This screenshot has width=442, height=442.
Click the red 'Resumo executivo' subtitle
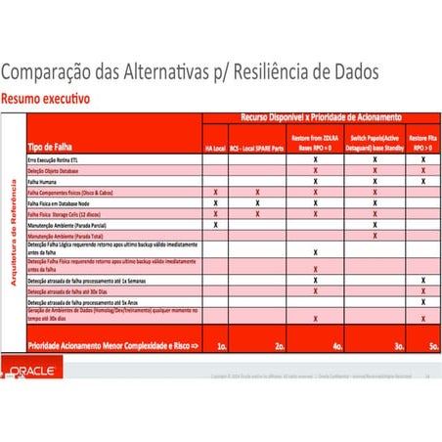click(46, 99)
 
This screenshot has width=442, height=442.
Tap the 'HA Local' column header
click(215, 148)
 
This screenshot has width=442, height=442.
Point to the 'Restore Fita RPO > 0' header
click(422, 143)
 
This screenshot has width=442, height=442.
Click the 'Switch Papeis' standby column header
click(375, 143)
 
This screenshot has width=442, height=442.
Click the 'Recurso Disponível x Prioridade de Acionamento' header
click(317, 117)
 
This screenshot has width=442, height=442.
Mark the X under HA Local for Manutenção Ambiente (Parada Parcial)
click(215, 225)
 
